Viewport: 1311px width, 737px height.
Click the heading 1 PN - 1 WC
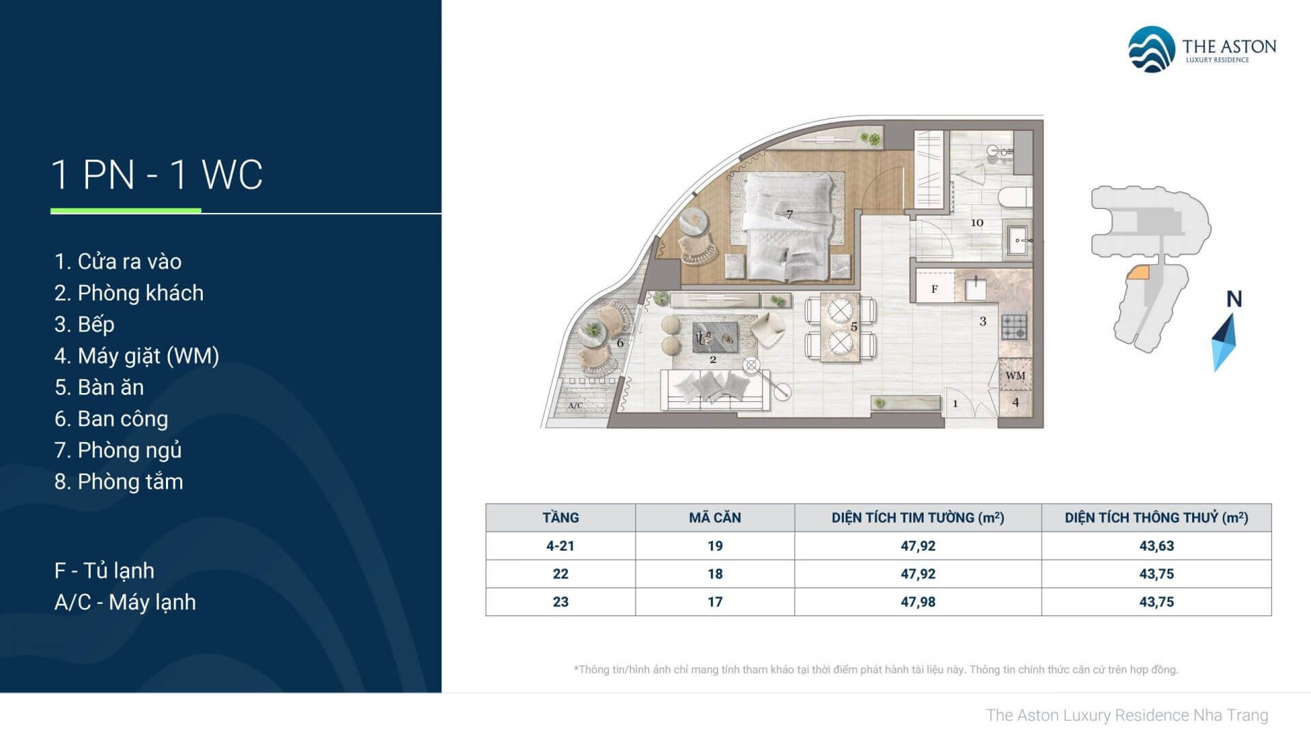157,175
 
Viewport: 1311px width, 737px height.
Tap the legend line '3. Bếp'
85,324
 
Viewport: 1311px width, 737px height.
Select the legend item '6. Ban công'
111,418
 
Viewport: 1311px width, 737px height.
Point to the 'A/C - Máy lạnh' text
125,602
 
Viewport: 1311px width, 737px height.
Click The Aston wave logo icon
1151,49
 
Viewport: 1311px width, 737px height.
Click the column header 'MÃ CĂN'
714,518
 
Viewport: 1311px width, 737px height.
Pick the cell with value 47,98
918,602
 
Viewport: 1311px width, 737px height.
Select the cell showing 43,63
1156,546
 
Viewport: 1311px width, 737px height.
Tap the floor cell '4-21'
560,546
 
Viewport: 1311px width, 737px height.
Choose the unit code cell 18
714,574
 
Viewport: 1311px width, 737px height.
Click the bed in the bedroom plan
789,225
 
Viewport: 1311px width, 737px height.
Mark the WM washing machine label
1015,375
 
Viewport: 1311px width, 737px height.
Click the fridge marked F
934,289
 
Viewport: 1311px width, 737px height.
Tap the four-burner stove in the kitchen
1014,326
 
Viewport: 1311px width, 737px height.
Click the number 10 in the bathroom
976,222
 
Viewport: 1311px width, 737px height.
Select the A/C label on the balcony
576,405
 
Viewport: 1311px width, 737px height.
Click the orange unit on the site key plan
1138,272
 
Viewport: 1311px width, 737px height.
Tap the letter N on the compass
1234,299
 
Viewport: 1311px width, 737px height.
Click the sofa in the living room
714,389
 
